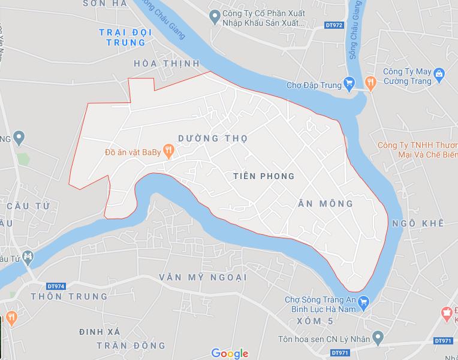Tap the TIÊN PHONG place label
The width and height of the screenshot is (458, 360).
click(x=264, y=176)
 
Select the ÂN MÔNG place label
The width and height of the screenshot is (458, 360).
click(x=326, y=204)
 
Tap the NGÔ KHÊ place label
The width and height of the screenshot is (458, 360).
click(x=418, y=223)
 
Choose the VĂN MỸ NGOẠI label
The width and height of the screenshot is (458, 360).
click(x=203, y=277)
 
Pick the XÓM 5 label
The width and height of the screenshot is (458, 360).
click(x=314, y=322)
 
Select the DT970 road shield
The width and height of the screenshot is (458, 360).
click(x=339, y=353)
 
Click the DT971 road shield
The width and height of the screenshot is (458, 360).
click(x=444, y=341)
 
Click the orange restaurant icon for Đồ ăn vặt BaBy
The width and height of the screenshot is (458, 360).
click(x=170, y=152)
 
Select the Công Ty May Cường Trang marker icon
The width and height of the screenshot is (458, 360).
click(x=439, y=74)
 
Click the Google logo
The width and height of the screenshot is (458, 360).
click(x=230, y=353)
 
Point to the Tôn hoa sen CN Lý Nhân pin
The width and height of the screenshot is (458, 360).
click(x=378, y=338)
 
